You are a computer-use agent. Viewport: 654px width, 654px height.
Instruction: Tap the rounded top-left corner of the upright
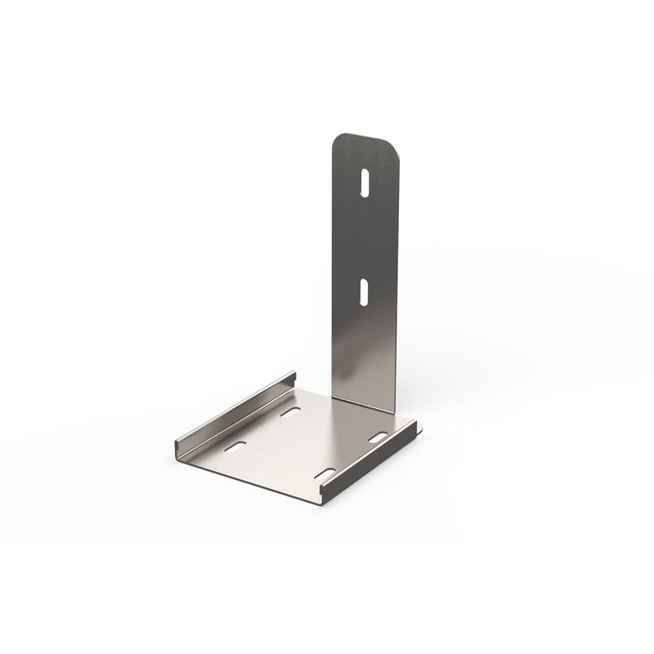337,141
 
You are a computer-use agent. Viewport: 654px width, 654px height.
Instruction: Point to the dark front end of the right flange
323,493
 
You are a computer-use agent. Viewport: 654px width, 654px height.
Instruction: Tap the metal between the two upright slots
364,237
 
